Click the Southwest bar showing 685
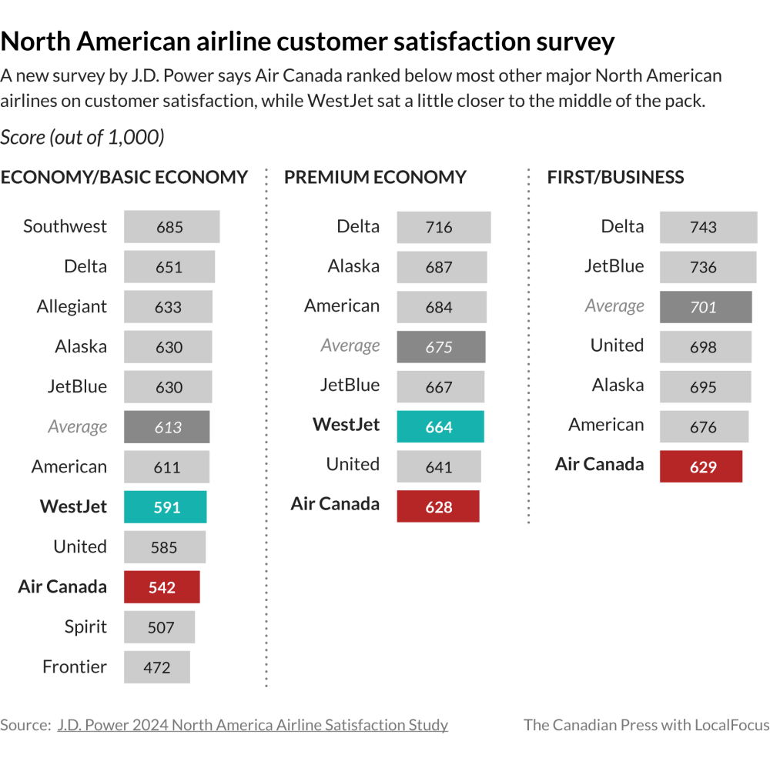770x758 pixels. point(172,227)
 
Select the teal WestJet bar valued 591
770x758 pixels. point(166,507)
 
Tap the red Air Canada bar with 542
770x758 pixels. point(162,587)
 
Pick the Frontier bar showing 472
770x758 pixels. point(157,667)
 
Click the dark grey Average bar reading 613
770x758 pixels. point(167,427)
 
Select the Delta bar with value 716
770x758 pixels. point(444,227)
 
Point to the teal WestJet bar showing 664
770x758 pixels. point(440,427)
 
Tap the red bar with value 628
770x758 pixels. point(438,507)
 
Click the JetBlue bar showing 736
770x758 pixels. point(708,267)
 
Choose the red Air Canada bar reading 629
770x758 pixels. point(701,467)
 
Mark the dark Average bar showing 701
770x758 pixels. point(705,307)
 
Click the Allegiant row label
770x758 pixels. point(72,306)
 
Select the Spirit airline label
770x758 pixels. point(85,626)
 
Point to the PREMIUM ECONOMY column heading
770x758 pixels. point(375,177)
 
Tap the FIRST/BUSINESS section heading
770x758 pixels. point(615,177)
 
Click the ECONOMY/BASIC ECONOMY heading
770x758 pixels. point(124,177)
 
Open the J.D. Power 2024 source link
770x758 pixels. point(253,725)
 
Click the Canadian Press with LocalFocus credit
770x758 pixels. point(646,725)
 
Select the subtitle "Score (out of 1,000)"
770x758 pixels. point(82,137)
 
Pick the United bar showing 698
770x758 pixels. point(705,347)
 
